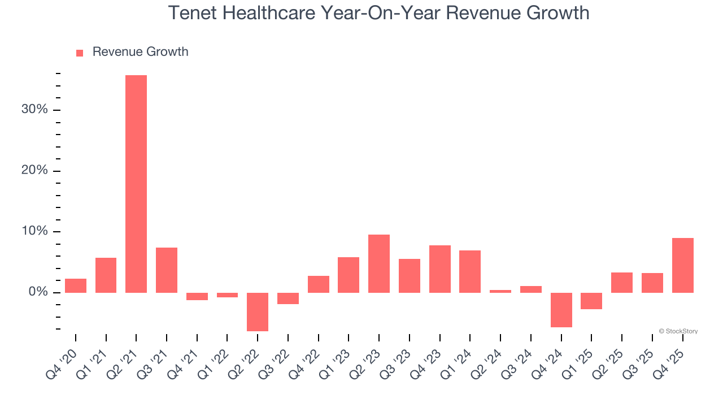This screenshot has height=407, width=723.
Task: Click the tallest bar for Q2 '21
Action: coord(136,184)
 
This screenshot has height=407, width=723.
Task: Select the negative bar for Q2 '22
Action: coord(258,311)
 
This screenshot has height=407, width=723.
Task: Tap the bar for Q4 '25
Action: coord(682,265)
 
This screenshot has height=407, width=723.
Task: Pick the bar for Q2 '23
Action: coord(379,263)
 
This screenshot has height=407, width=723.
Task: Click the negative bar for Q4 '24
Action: coord(561,310)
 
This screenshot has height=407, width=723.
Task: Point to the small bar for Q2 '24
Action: coord(500,291)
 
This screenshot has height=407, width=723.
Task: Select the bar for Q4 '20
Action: coord(76,285)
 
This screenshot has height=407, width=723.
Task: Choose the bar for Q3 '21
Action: coord(167,270)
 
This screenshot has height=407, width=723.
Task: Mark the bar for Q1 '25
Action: coord(591,301)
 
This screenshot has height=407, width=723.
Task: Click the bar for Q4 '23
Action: coord(439,269)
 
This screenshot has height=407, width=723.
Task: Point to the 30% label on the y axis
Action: coord(34,110)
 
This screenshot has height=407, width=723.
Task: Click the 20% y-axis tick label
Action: coord(34,171)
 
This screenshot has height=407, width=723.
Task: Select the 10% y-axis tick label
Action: coord(34,231)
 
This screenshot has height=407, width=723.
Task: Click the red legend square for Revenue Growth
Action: coord(80,53)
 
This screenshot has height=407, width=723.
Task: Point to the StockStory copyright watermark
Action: coord(678,331)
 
